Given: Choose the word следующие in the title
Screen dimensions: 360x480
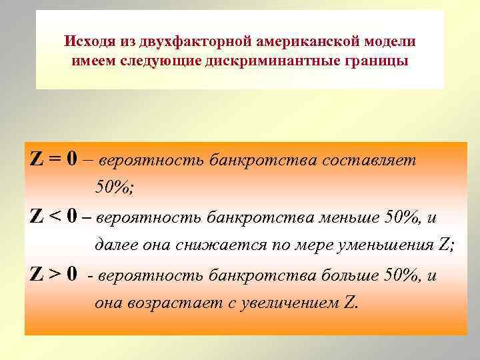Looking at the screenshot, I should [x=166, y=62].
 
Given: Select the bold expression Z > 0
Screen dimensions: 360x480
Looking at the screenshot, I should [x=53, y=273].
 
